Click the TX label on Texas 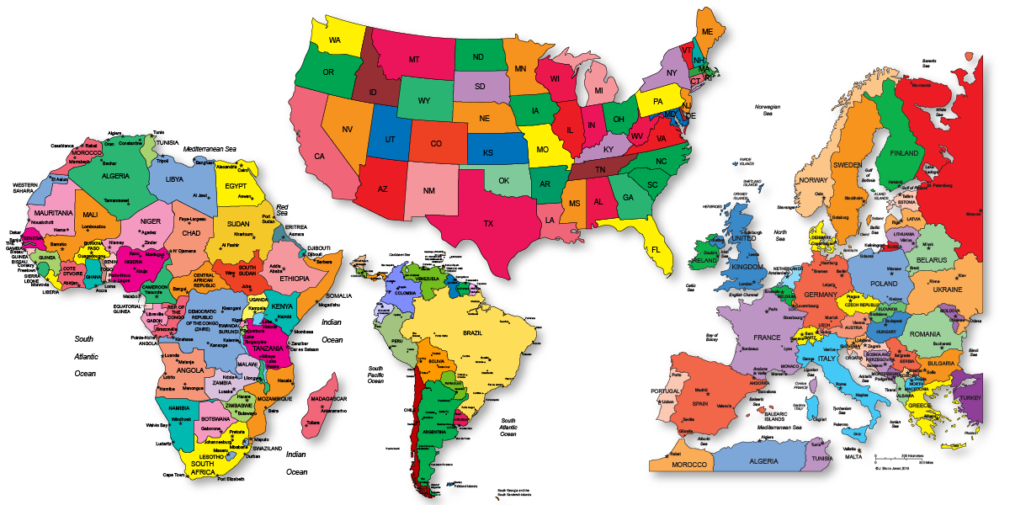point(488,224)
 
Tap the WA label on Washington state point(335,40)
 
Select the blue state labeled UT point(390,140)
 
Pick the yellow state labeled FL point(656,250)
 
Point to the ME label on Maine point(708,32)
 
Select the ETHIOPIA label point(295,279)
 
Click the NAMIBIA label point(173,407)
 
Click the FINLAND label point(904,154)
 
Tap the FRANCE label point(767,338)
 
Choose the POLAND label point(884,284)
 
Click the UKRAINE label point(948,290)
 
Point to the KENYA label point(281,306)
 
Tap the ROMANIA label point(924,334)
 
